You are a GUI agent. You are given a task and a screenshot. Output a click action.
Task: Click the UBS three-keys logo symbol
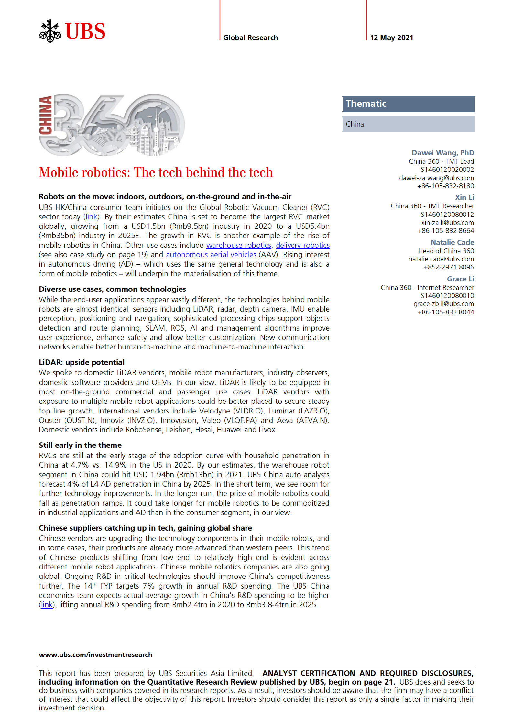[x=50, y=31]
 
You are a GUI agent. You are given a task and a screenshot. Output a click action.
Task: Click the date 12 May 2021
[x=391, y=38]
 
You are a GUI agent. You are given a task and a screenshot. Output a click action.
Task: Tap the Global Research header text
[x=250, y=38]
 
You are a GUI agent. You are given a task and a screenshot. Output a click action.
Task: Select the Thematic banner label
[x=366, y=104]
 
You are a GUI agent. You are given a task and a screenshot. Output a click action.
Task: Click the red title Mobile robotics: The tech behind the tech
[x=156, y=172]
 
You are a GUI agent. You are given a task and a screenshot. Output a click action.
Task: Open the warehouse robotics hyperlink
[x=239, y=245]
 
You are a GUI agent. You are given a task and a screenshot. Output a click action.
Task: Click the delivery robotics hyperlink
[x=303, y=245]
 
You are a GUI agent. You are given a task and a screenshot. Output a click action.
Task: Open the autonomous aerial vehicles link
[x=211, y=255]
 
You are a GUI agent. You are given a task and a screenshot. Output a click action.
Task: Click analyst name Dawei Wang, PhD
[x=442, y=153]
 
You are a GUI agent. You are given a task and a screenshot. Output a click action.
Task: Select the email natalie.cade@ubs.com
[x=441, y=259]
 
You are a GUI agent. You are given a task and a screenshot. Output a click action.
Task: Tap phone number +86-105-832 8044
[x=445, y=312]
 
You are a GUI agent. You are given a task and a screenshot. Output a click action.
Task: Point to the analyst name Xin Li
[x=464, y=197]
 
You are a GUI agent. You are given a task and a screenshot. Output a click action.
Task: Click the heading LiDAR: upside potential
[x=82, y=362]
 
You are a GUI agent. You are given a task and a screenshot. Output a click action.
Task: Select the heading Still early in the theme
[x=80, y=445]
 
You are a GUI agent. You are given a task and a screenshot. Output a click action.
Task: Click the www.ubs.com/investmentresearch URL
[x=95, y=655]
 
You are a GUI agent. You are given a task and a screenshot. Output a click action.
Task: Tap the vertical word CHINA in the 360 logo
[x=46, y=115]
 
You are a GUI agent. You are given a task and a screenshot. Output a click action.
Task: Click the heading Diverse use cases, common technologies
[x=112, y=289]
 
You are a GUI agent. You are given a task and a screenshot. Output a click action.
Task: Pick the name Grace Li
[x=460, y=279]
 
